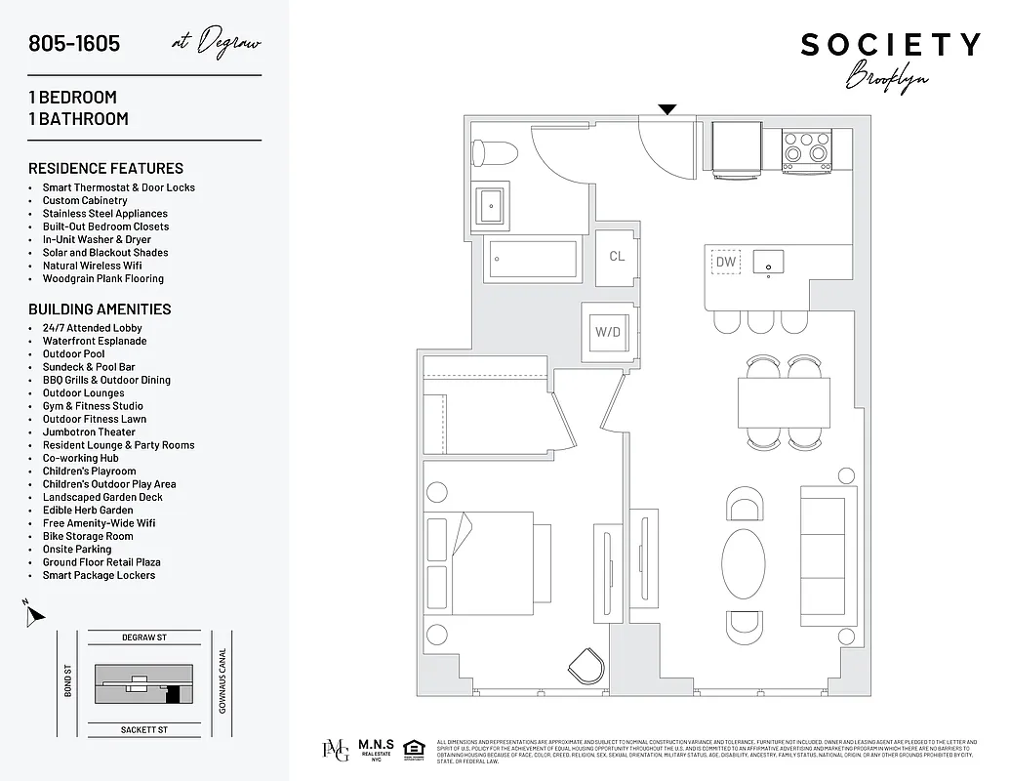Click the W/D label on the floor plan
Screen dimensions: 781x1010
coord(607,332)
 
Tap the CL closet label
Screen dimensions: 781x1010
coord(617,257)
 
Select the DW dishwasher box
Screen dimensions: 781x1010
coord(725,262)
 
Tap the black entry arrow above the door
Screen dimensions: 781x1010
coord(667,109)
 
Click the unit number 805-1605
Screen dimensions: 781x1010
coord(75,44)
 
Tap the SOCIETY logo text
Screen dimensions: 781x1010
coord(890,45)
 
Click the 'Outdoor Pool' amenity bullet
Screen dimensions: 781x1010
coord(73,354)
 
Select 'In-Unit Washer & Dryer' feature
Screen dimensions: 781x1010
coord(97,239)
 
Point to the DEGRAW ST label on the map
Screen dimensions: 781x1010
coord(144,637)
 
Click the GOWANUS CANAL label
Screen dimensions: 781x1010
coord(222,680)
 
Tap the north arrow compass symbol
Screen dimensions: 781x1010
coord(34,615)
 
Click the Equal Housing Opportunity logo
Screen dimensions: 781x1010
coord(414,750)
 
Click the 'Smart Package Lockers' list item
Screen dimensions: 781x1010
coord(99,575)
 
